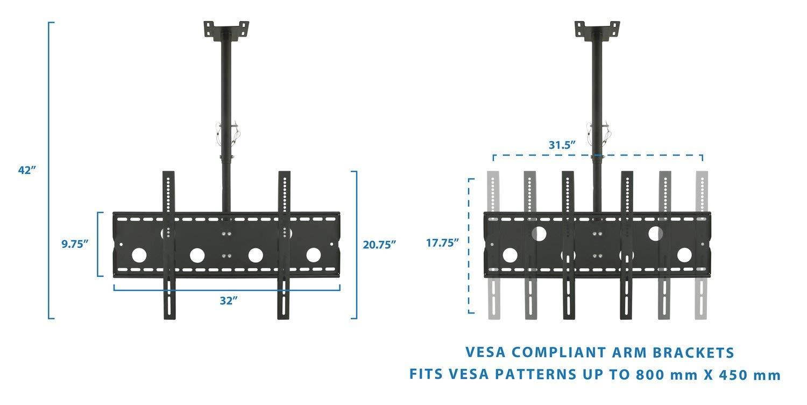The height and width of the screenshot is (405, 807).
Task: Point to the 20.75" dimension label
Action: (x=379, y=244)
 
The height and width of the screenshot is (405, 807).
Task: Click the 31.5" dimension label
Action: (x=562, y=144)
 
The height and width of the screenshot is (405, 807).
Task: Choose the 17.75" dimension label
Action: (x=442, y=242)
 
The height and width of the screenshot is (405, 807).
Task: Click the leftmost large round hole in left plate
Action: (x=138, y=255)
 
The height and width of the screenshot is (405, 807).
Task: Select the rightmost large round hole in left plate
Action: (x=314, y=255)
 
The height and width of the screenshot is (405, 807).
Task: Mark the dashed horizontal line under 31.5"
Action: (x=597, y=156)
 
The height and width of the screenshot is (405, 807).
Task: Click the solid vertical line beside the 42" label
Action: (x=49, y=170)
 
